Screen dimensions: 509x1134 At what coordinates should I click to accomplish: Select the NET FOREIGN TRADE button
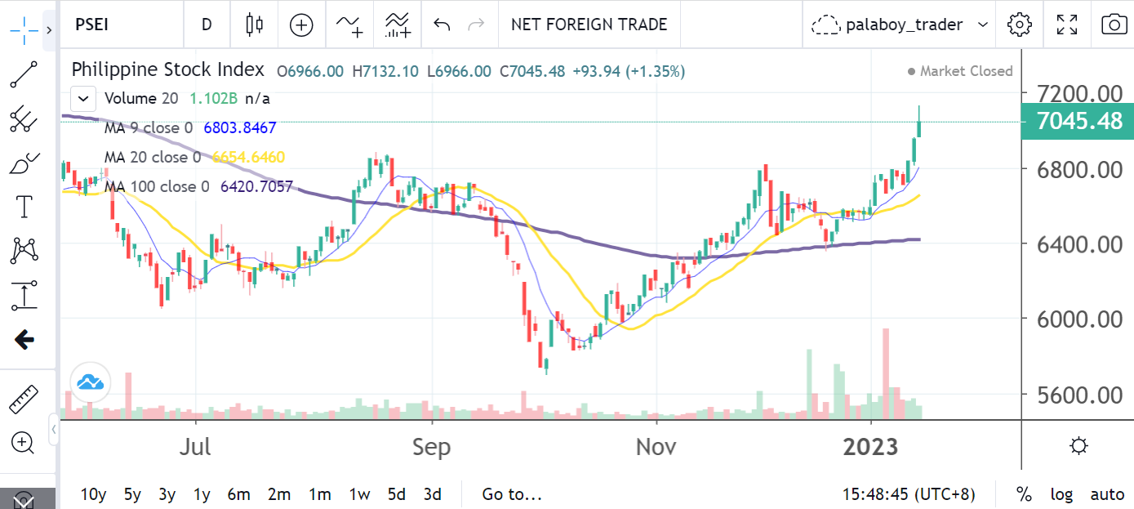[x=589, y=25]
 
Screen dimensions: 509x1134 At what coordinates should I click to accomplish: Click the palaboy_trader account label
[x=904, y=25]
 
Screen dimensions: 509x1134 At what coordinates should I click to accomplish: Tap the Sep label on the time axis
[x=431, y=448]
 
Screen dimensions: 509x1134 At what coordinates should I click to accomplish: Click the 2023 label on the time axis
[x=870, y=448]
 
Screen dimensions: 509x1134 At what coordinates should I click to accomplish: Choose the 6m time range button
[x=238, y=494]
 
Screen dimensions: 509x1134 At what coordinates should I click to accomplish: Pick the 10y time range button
[x=94, y=494]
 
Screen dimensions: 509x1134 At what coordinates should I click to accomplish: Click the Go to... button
[x=512, y=494]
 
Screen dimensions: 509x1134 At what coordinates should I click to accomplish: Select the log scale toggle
[x=1061, y=494]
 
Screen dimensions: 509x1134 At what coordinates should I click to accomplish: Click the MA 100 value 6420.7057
[x=256, y=186]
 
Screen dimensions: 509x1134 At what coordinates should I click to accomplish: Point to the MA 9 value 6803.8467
[x=239, y=127]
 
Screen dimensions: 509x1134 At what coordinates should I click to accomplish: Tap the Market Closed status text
[x=966, y=71]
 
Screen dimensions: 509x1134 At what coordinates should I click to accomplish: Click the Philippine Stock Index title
[x=167, y=70]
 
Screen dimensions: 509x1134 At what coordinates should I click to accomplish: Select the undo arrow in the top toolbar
[x=442, y=25]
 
